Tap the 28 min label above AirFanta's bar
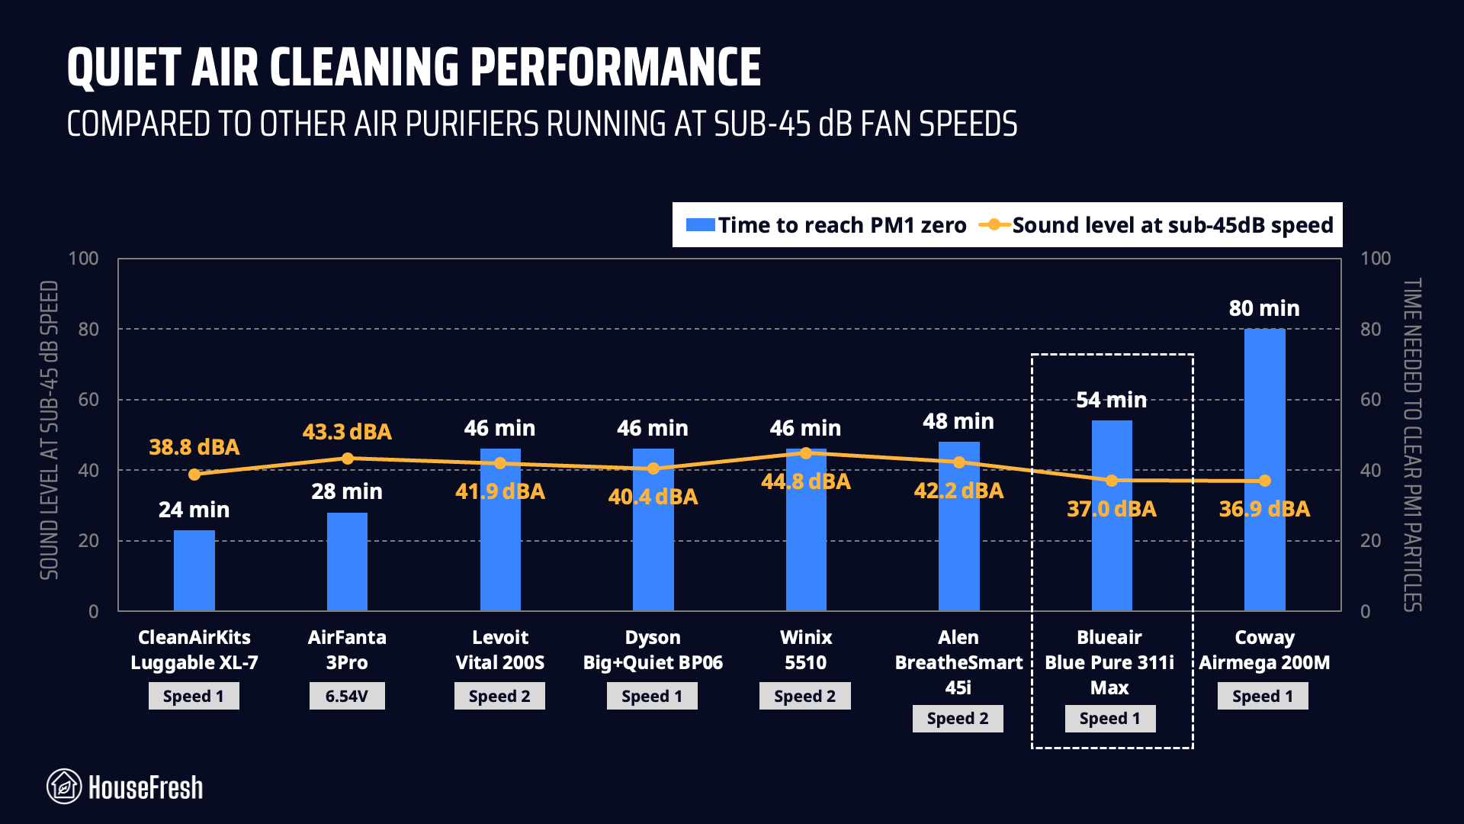coord(347,491)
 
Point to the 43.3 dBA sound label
coord(347,432)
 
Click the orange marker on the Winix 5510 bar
coord(806,453)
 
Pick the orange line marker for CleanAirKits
coord(194,475)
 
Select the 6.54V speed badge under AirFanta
coord(347,696)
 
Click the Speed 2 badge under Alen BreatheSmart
coord(958,718)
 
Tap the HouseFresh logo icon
coord(64,787)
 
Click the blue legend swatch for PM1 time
coord(700,225)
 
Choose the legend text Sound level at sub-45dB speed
coord(1173,225)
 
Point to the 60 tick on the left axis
coord(88,400)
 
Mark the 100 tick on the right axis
coord(1376,259)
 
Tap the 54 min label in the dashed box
coord(1111,400)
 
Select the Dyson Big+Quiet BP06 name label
coord(653,649)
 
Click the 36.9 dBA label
coord(1264,509)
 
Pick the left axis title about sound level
coord(49,430)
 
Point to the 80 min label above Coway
coord(1264,308)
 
